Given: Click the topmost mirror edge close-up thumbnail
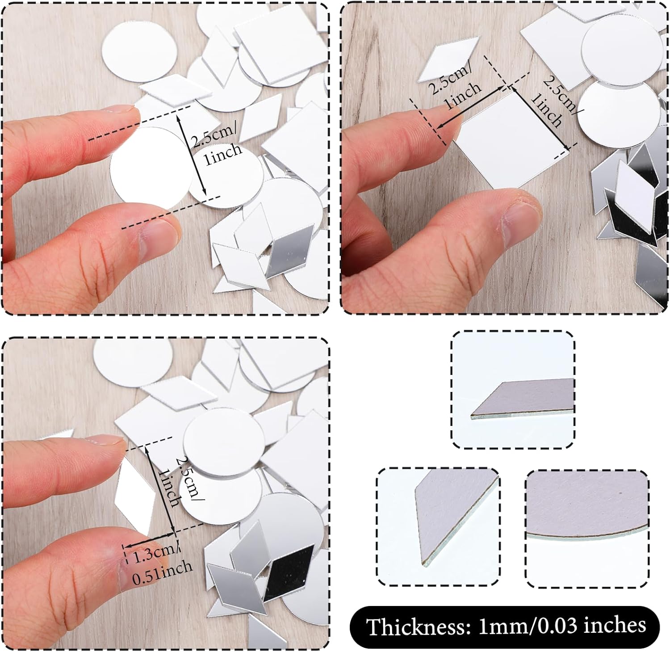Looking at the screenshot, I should tap(513, 390).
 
